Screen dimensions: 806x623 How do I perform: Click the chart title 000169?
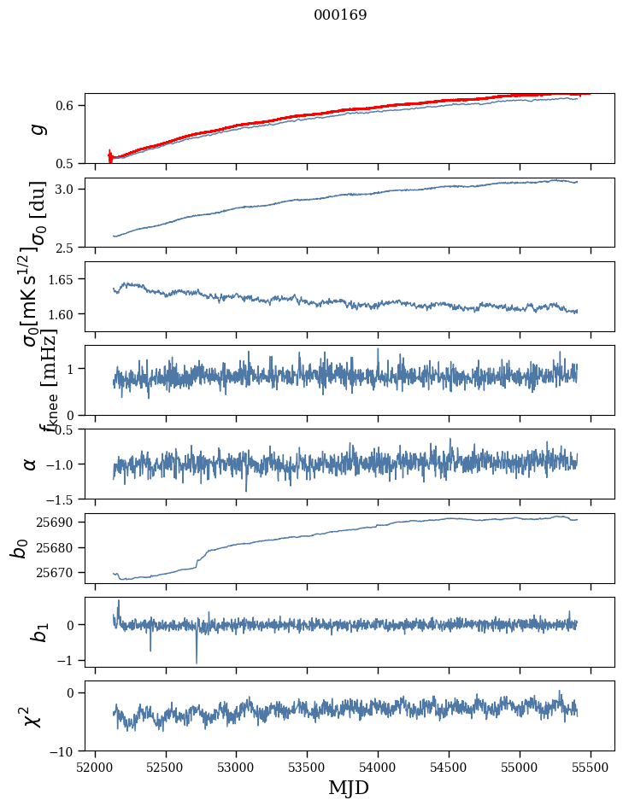(x=340, y=15)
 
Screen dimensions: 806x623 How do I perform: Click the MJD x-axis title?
(x=349, y=787)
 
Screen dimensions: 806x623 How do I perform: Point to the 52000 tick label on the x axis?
(x=95, y=767)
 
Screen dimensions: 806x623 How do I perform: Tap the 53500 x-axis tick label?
(x=307, y=767)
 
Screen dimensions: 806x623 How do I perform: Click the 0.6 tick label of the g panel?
(x=68, y=105)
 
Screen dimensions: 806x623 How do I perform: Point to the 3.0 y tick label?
(x=68, y=189)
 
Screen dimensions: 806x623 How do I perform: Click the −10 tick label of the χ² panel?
(x=64, y=751)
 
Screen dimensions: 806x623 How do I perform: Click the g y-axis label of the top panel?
(x=35, y=129)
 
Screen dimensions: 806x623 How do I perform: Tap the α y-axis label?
(x=31, y=464)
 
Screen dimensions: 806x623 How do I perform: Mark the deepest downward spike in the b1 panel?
(x=197, y=662)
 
